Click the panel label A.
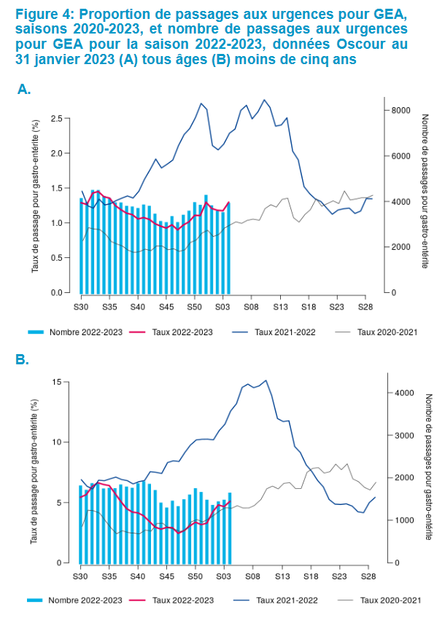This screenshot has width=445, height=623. (24, 89)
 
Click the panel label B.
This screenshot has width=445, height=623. (23, 360)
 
